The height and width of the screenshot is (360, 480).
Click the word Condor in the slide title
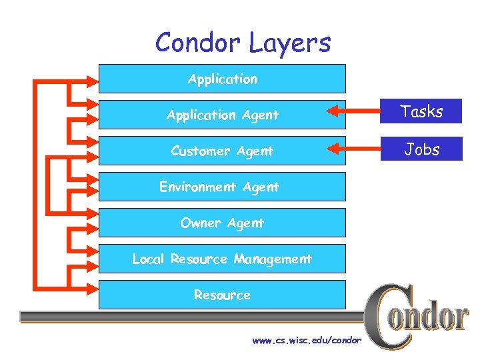tap(198, 43)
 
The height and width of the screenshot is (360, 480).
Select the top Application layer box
tap(222, 79)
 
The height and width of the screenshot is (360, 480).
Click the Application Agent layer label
tap(222, 115)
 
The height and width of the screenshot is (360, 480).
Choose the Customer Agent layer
tap(222, 151)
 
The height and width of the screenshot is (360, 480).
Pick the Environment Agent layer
tap(219, 187)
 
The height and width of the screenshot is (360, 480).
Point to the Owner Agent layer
tap(222, 223)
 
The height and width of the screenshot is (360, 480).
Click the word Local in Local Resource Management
tap(148, 259)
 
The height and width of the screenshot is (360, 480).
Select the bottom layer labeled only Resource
tap(222, 295)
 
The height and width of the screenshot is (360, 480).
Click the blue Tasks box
tap(422, 111)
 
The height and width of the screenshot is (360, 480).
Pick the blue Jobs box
tap(422, 149)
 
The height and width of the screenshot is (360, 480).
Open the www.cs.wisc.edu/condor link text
tap(306, 341)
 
